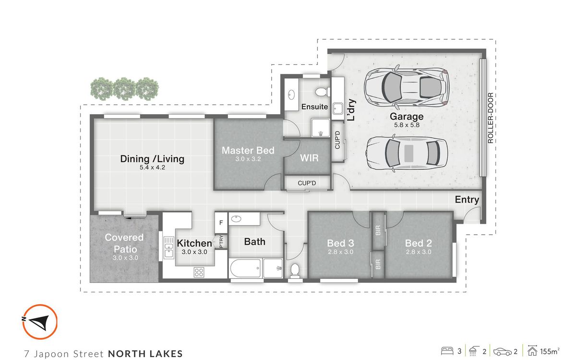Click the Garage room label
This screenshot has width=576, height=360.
click(x=407, y=117)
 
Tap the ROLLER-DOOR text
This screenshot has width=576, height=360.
click(x=491, y=118)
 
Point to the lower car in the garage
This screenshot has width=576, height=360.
click(x=407, y=154)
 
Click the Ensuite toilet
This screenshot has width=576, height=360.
click(x=323, y=92)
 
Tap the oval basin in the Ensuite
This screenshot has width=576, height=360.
click(x=291, y=95)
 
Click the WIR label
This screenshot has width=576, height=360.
click(x=309, y=158)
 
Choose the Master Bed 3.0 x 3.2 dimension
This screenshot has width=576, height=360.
click(x=248, y=159)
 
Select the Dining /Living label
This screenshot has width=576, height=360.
click(x=152, y=159)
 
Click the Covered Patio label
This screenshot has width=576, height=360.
click(x=124, y=243)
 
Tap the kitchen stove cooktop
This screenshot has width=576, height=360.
click(x=199, y=272)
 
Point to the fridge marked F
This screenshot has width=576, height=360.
click(x=221, y=223)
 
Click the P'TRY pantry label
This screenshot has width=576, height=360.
click(x=221, y=241)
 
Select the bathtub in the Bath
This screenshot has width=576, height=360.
click(x=246, y=268)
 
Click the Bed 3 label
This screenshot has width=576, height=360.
click(x=340, y=243)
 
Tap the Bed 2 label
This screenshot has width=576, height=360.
click(x=419, y=243)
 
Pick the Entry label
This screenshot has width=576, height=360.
click(x=467, y=200)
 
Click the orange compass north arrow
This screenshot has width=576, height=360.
click(x=40, y=321)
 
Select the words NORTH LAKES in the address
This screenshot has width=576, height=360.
click(x=145, y=354)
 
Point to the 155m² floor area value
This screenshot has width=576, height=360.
click(x=550, y=351)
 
